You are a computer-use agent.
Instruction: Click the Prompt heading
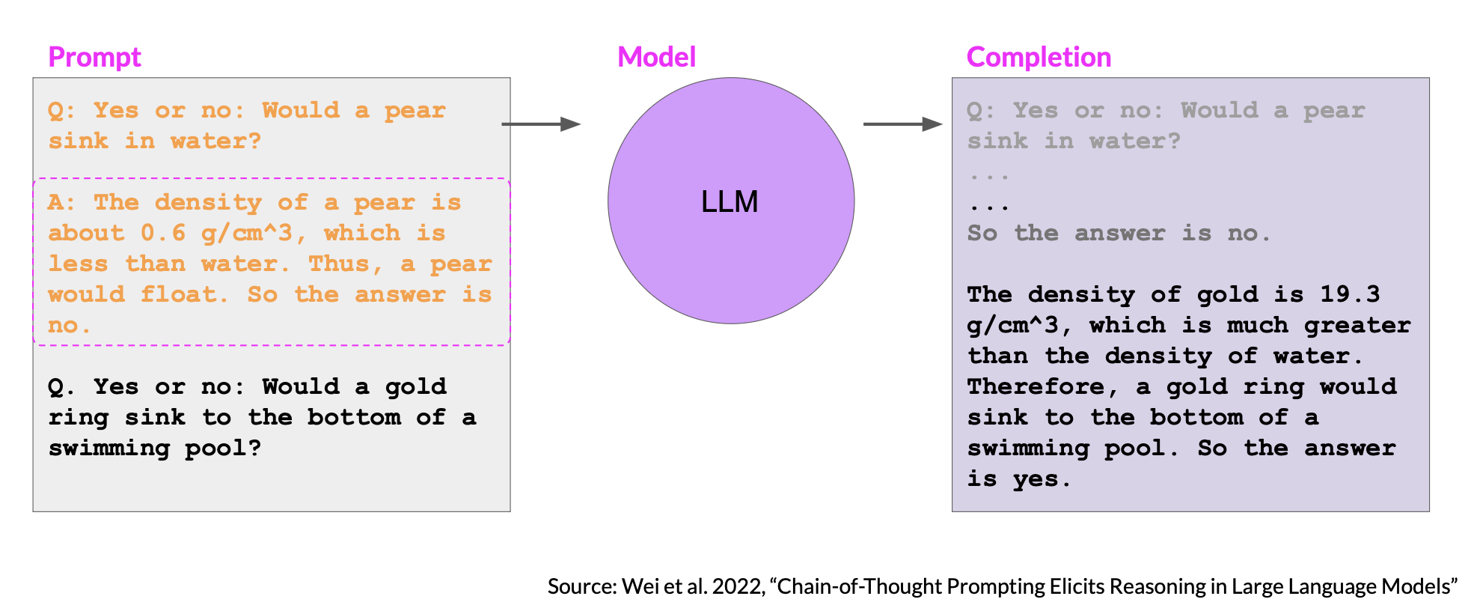click(94, 58)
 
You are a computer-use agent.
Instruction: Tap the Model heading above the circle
click(656, 57)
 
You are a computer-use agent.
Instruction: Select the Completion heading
click(1039, 58)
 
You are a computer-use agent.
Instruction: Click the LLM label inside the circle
click(730, 201)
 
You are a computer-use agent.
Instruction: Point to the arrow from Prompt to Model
click(541, 124)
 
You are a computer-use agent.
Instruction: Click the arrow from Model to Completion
click(903, 124)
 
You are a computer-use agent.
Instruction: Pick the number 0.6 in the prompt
click(163, 233)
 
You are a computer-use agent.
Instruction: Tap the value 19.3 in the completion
click(1350, 294)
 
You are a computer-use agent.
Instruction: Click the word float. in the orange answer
click(184, 294)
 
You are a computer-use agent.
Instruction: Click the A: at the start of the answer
click(61, 202)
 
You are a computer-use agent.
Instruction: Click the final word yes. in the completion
click(1042, 479)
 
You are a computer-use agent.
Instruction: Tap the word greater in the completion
click(1357, 326)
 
